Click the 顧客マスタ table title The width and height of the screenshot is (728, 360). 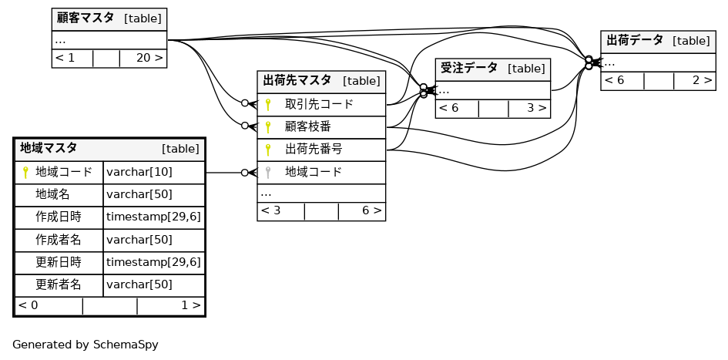click(x=85, y=18)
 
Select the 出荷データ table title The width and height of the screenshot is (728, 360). click(x=634, y=41)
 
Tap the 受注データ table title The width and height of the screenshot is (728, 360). click(x=468, y=69)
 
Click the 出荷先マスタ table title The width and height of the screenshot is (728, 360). click(x=297, y=81)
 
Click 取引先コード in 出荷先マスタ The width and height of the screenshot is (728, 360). click(x=319, y=104)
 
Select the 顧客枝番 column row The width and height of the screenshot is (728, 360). click(x=308, y=126)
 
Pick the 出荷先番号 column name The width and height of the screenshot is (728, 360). click(x=314, y=149)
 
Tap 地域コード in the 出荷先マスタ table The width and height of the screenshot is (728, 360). click(x=314, y=172)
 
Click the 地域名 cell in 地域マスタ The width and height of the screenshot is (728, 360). click(x=52, y=194)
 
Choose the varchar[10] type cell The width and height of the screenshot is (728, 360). click(x=139, y=172)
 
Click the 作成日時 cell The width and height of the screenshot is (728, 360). click(x=59, y=217)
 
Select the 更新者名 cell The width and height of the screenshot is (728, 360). click(x=59, y=284)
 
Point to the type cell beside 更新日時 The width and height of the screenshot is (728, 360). click(x=153, y=262)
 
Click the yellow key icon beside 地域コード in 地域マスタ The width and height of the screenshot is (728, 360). click(x=25, y=172)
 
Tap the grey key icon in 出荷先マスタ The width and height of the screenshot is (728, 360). click(x=268, y=172)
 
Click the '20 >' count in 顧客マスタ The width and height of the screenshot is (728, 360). click(x=149, y=58)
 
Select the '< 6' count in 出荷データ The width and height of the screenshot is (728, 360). click(x=614, y=80)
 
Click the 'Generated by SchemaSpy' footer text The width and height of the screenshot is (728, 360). click(x=85, y=345)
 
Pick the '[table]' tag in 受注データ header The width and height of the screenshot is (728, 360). click(x=526, y=69)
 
